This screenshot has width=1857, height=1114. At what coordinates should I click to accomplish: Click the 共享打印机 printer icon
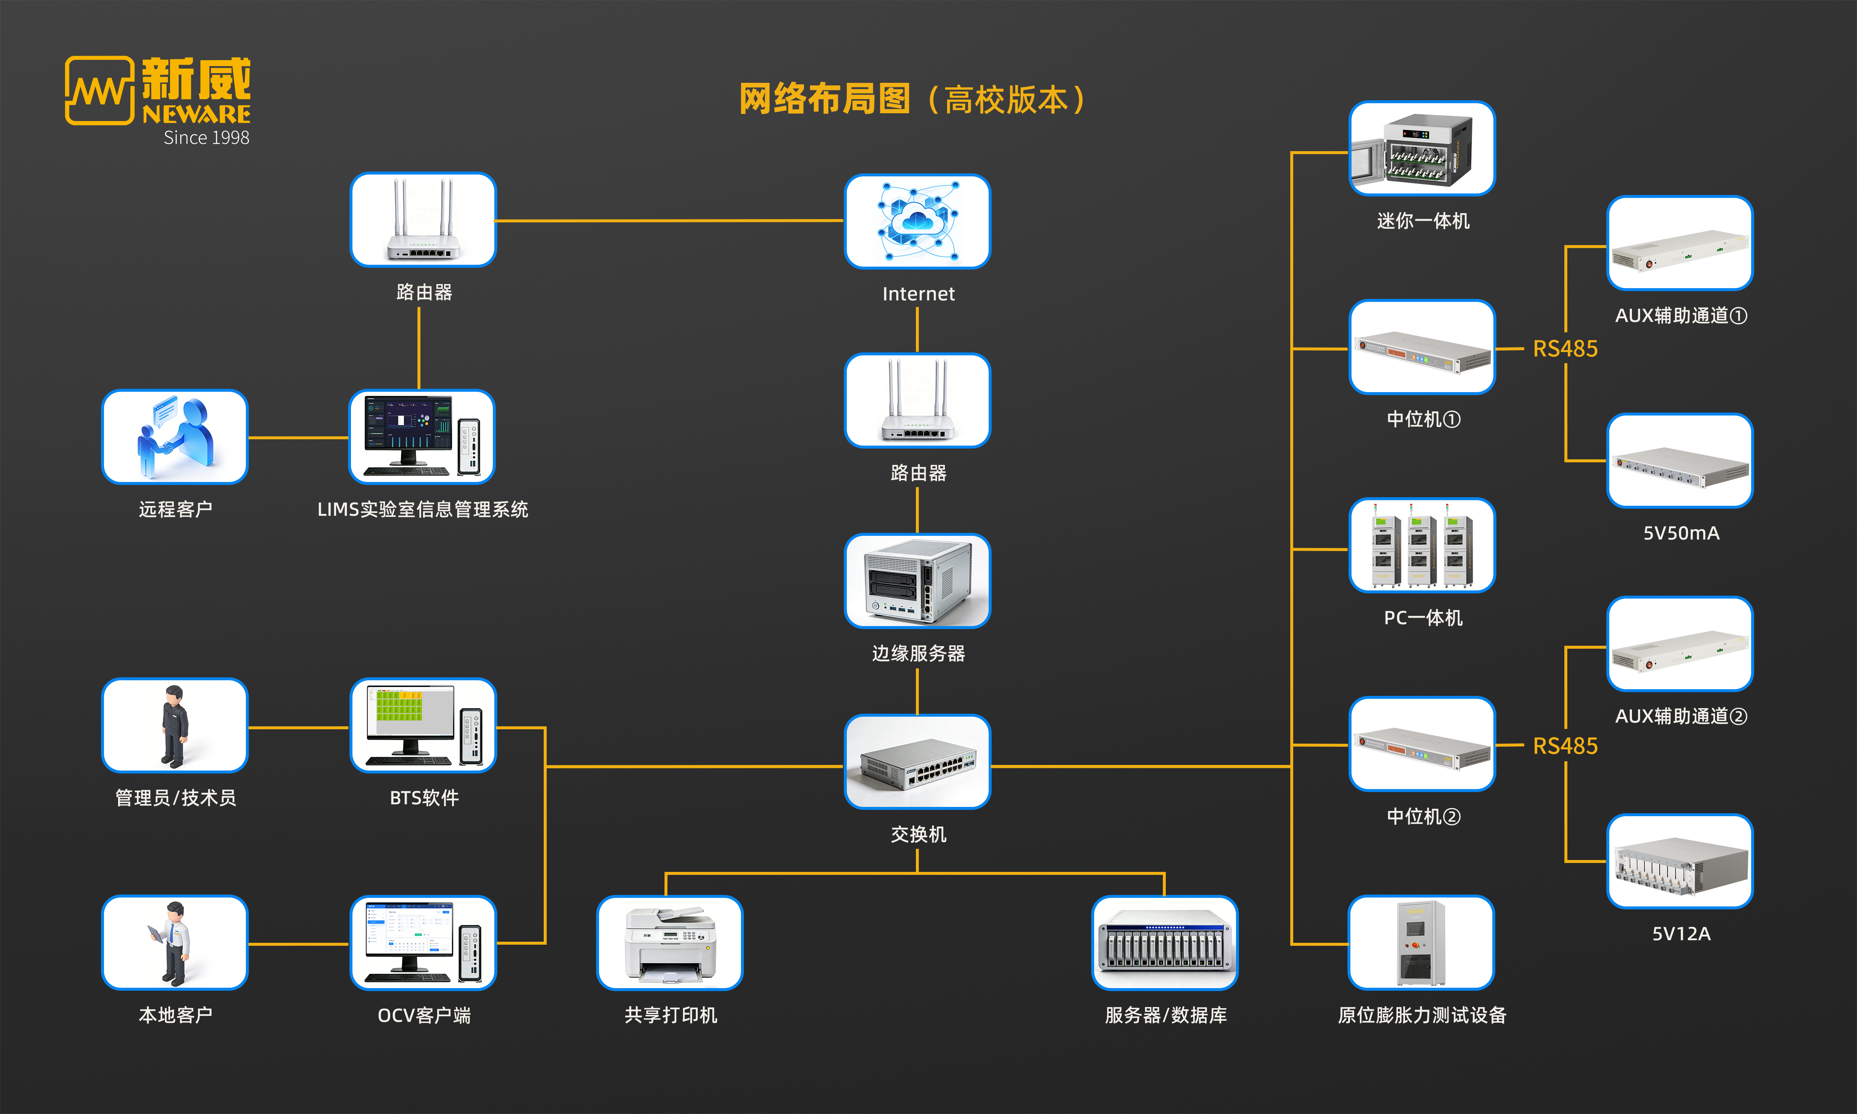point(670,943)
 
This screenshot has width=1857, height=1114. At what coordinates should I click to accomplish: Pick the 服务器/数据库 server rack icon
point(1164,943)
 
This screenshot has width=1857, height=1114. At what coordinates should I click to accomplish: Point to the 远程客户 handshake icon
point(175,437)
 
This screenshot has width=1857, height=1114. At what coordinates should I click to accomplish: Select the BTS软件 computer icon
point(423,725)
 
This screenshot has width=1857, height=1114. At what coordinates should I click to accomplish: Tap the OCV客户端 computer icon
point(423,943)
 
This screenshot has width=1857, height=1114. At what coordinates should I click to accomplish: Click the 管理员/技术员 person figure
point(175,725)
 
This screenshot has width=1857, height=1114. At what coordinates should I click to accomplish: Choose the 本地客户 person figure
point(175,943)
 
